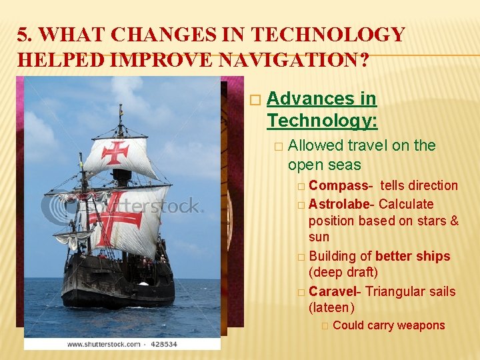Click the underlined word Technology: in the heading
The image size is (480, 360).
[x=322, y=121]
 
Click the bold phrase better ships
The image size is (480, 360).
[x=413, y=256]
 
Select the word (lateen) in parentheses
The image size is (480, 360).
[x=331, y=307]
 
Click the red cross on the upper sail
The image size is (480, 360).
[x=115, y=152]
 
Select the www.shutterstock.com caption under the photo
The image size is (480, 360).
[x=103, y=345]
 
